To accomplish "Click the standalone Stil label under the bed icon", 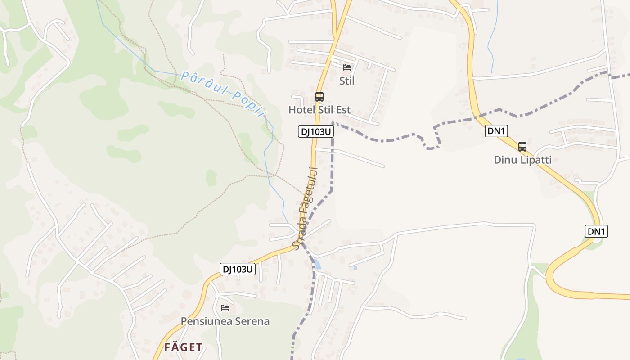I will [346, 81].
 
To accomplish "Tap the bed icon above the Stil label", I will [346, 67].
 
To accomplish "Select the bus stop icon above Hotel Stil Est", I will [319, 96].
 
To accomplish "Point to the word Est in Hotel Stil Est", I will [342, 110].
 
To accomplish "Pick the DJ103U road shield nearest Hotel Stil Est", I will [315, 131].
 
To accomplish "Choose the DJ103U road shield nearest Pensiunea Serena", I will [238, 269].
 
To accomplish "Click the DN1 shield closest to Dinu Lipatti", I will [496, 131].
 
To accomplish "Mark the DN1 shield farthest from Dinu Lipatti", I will [596, 231].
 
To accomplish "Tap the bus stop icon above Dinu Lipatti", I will [522, 146].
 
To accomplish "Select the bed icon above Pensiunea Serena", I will [225, 308].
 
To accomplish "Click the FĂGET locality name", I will [183, 347].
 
